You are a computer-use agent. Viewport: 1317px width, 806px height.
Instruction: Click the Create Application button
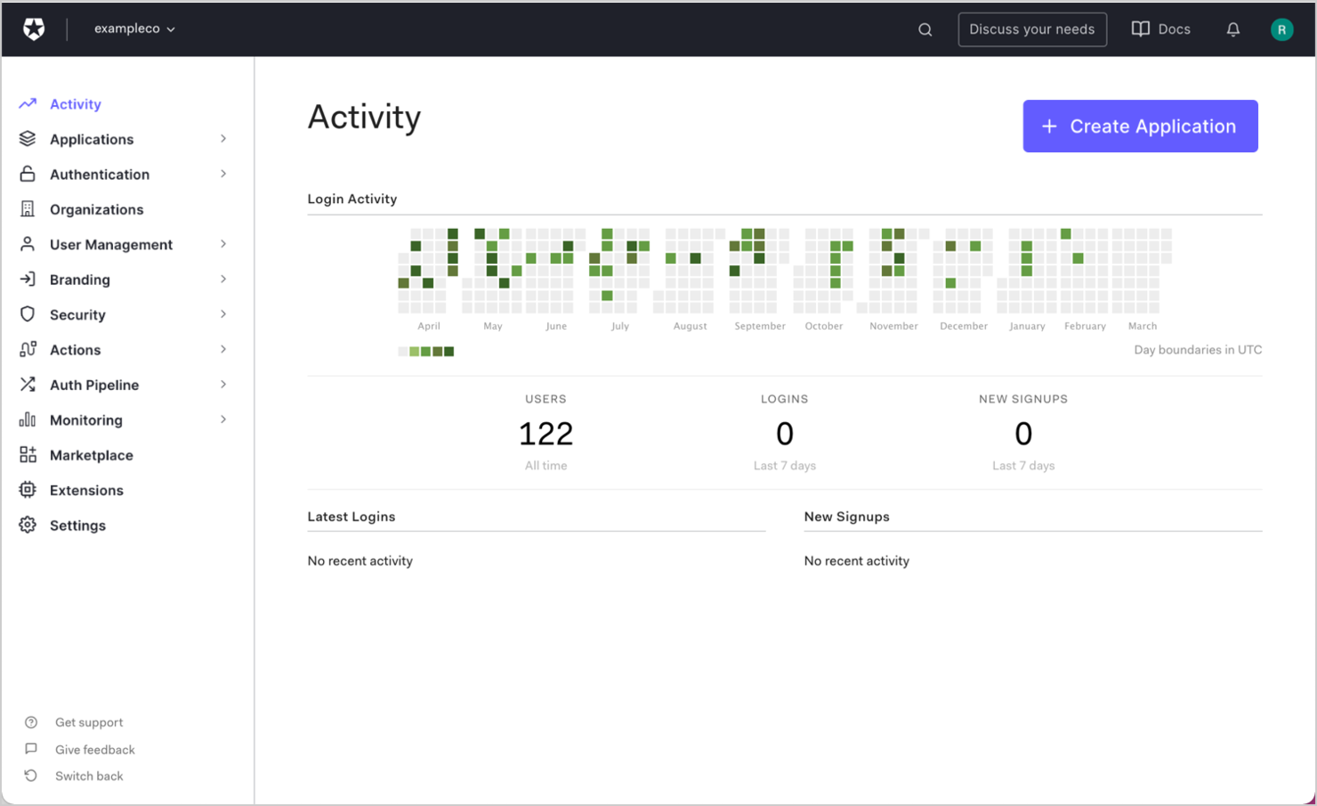[1140, 126]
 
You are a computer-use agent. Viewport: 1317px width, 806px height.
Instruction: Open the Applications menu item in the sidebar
[92, 140]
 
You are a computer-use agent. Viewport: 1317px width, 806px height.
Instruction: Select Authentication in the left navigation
[99, 175]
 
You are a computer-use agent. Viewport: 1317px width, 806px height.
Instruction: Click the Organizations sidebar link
[96, 209]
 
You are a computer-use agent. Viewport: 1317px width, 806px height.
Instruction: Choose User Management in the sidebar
[110, 245]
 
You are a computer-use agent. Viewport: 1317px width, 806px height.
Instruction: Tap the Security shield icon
[28, 314]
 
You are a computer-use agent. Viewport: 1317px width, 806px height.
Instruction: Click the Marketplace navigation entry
[91, 455]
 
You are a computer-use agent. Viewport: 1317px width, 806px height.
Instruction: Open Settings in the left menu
[77, 525]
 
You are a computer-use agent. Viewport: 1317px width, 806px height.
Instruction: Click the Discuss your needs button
[1031, 29]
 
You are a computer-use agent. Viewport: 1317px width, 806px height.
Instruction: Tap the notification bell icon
[1232, 29]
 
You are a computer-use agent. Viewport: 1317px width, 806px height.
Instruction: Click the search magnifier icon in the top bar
[925, 29]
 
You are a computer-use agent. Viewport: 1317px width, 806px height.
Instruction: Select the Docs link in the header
[1160, 29]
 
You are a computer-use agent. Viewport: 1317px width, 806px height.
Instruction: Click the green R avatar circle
[1281, 29]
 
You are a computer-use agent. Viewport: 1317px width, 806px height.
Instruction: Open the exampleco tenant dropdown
[134, 28]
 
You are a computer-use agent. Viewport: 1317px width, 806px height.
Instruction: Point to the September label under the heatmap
[759, 326]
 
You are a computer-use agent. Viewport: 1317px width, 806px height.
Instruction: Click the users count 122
[545, 434]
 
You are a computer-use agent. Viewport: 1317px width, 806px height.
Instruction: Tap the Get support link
[88, 722]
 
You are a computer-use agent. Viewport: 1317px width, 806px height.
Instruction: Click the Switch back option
[88, 776]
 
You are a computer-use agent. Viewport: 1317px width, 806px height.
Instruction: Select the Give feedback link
[94, 750]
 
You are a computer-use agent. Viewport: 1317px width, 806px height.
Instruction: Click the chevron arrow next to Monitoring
[223, 419]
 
